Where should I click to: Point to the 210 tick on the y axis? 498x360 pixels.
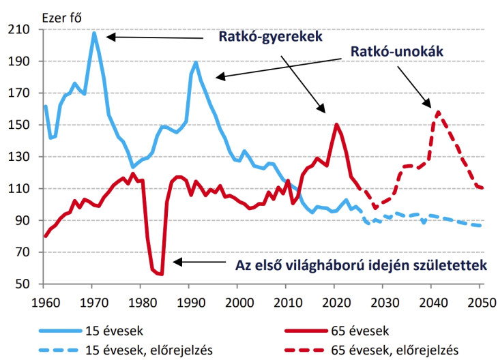click(27, 30)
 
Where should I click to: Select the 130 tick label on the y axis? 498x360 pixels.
click(27, 157)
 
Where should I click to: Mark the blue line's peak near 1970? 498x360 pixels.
click(93, 33)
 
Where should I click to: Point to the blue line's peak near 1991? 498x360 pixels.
click(196, 62)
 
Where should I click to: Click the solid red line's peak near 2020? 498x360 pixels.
click(336, 124)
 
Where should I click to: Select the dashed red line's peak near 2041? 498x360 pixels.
click(437, 112)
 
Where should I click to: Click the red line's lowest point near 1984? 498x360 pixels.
click(162, 274)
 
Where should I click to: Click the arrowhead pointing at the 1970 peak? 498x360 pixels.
click(109, 37)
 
